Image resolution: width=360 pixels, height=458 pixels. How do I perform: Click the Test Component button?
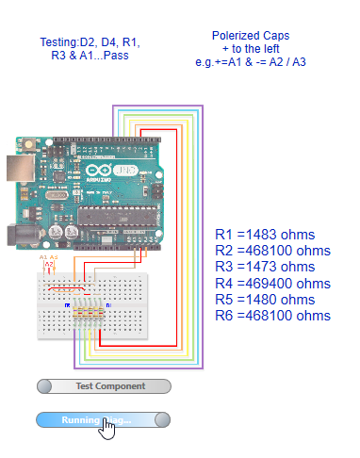[104, 385]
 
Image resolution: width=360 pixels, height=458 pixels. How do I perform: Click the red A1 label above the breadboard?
[43, 256]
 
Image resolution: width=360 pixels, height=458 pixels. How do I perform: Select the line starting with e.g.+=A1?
[257, 61]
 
